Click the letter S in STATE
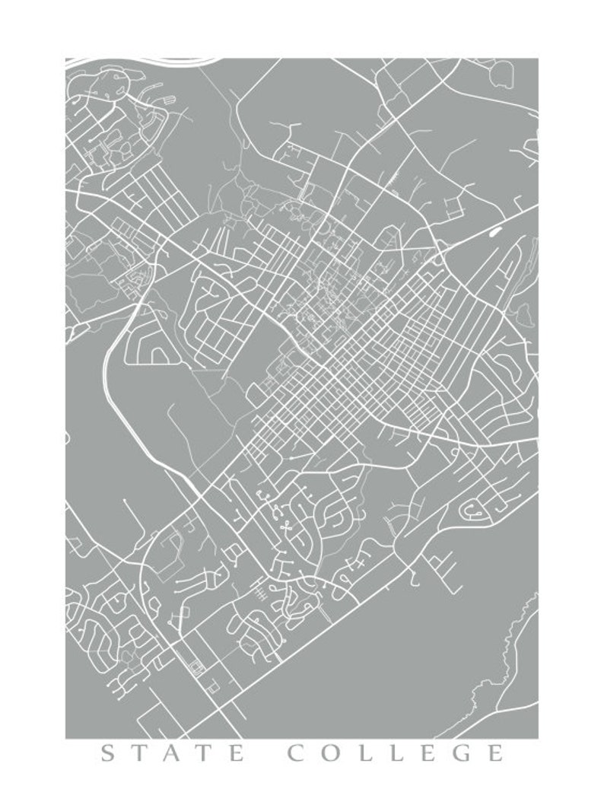[x=109, y=754]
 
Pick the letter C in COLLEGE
[x=299, y=754]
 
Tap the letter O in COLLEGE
[x=334, y=754]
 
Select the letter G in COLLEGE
[x=460, y=754]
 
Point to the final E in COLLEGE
[x=494, y=754]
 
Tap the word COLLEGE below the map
[x=396, y=754]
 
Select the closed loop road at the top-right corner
[x=503, y=74]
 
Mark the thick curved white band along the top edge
[x=152, y=61]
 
